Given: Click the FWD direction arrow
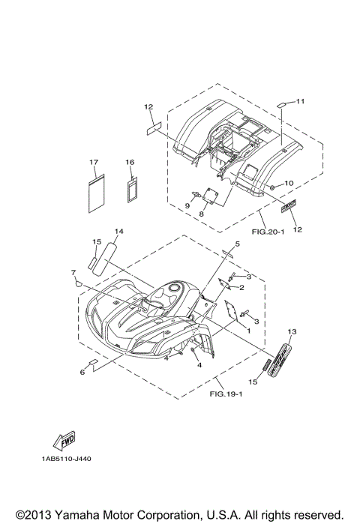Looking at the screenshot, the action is tap(64, 441).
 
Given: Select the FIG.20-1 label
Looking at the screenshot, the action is tap(268, 231).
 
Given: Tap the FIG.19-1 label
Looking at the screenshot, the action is tap(226, 394).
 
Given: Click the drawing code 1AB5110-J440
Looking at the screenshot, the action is tap(67, 459).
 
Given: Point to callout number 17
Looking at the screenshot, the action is tap(94, 162).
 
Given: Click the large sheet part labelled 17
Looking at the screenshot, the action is tap(96, 193).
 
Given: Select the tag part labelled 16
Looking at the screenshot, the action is tap(133, 190).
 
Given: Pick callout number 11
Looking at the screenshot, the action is tap(301, 100).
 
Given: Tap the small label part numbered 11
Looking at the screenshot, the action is tap(280, 105).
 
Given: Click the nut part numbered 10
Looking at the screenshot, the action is tap(272, 187).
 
